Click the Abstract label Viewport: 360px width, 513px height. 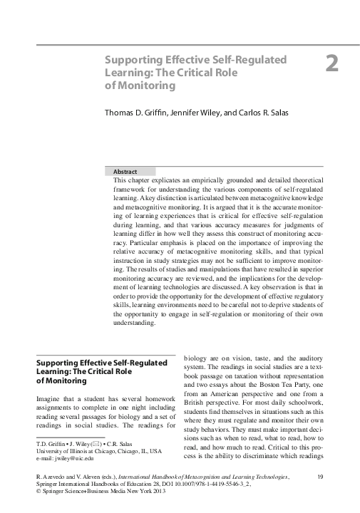click(x=125, y=172)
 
